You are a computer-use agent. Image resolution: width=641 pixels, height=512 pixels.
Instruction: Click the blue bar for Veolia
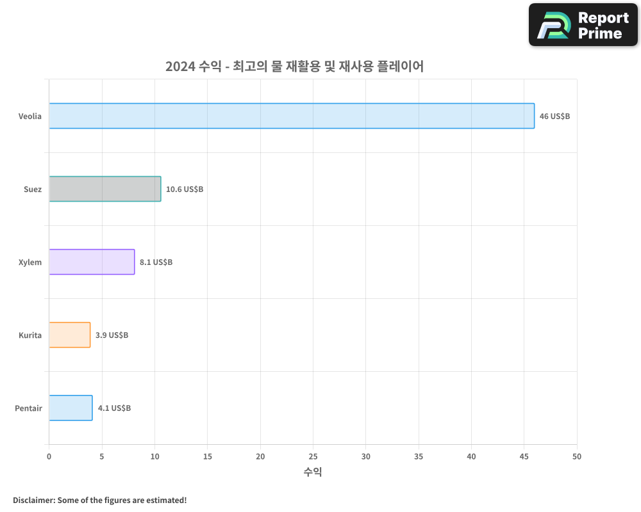292,116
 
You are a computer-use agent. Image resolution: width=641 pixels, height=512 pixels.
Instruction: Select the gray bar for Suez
104,189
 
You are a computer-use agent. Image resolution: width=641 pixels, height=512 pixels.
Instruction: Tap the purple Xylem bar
92,262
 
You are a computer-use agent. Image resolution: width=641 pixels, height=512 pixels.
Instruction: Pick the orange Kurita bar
69,335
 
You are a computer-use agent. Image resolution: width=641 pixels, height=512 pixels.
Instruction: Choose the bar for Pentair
71,408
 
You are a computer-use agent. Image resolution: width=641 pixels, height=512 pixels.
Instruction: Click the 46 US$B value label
554,116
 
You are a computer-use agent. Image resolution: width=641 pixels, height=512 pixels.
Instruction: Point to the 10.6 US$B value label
185,189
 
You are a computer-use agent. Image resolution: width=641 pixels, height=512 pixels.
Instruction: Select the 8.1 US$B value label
156,262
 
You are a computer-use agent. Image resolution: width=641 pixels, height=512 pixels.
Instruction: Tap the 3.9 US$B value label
112,335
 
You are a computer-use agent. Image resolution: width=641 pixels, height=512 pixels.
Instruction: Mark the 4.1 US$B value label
114,408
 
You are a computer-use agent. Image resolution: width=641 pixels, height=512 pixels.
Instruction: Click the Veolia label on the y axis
30,116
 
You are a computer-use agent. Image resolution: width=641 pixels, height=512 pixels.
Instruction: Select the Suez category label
33,189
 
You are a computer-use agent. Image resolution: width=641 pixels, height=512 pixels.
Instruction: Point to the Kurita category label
30,335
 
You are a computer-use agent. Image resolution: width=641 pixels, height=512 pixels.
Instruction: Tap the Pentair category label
28,408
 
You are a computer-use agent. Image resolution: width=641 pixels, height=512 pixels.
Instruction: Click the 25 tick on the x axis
313,456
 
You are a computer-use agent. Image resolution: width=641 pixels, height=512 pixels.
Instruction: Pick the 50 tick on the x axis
577,456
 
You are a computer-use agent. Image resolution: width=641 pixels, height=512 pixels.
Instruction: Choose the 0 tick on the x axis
49,456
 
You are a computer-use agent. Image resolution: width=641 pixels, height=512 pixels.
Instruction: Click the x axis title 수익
313,472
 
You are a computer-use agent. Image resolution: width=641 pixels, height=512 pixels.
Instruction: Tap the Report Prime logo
583,25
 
